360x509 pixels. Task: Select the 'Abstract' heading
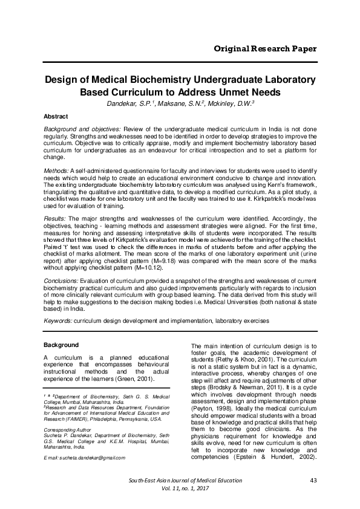[56, 115]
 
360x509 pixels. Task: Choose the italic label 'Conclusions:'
[61, 281]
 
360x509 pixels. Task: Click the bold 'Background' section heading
[61, 345]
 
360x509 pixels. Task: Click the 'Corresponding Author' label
[68, 430]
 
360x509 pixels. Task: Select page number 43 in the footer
[313, 481]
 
